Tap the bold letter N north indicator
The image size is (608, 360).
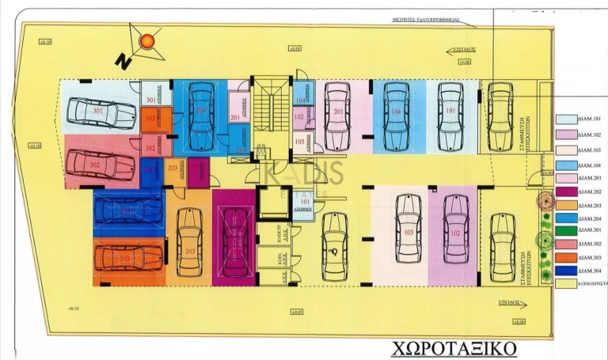(121, 61)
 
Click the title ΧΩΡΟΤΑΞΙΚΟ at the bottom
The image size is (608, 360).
(453, 348)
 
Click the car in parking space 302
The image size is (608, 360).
(100, 165)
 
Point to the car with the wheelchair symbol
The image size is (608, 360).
(334, 245)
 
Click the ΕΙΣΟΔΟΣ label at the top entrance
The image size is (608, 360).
(454, 47)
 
